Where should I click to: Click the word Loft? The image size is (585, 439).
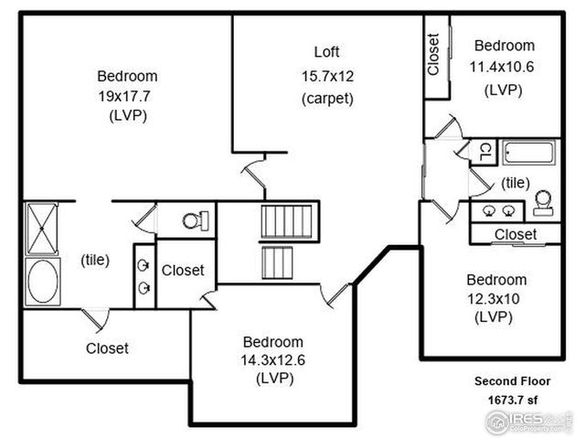point(326,51)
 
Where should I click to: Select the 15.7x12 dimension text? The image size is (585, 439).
point(326,75)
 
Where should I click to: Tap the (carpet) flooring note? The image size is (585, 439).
point(326,98)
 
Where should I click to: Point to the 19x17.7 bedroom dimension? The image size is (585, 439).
point(127,95)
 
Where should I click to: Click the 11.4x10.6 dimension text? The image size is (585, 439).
point(504,67)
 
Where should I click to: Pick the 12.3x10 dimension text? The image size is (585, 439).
point(496,298)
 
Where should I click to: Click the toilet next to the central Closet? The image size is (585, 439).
point(196,220)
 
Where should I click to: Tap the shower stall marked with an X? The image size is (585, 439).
point(42,228)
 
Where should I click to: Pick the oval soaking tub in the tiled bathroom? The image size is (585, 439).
point(42,281)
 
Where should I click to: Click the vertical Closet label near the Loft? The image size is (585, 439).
point(433,55)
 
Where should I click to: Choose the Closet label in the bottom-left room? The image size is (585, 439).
point(107,348)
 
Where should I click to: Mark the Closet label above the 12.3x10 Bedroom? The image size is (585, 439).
point(515,235)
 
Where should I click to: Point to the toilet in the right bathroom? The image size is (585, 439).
point(544,203)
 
